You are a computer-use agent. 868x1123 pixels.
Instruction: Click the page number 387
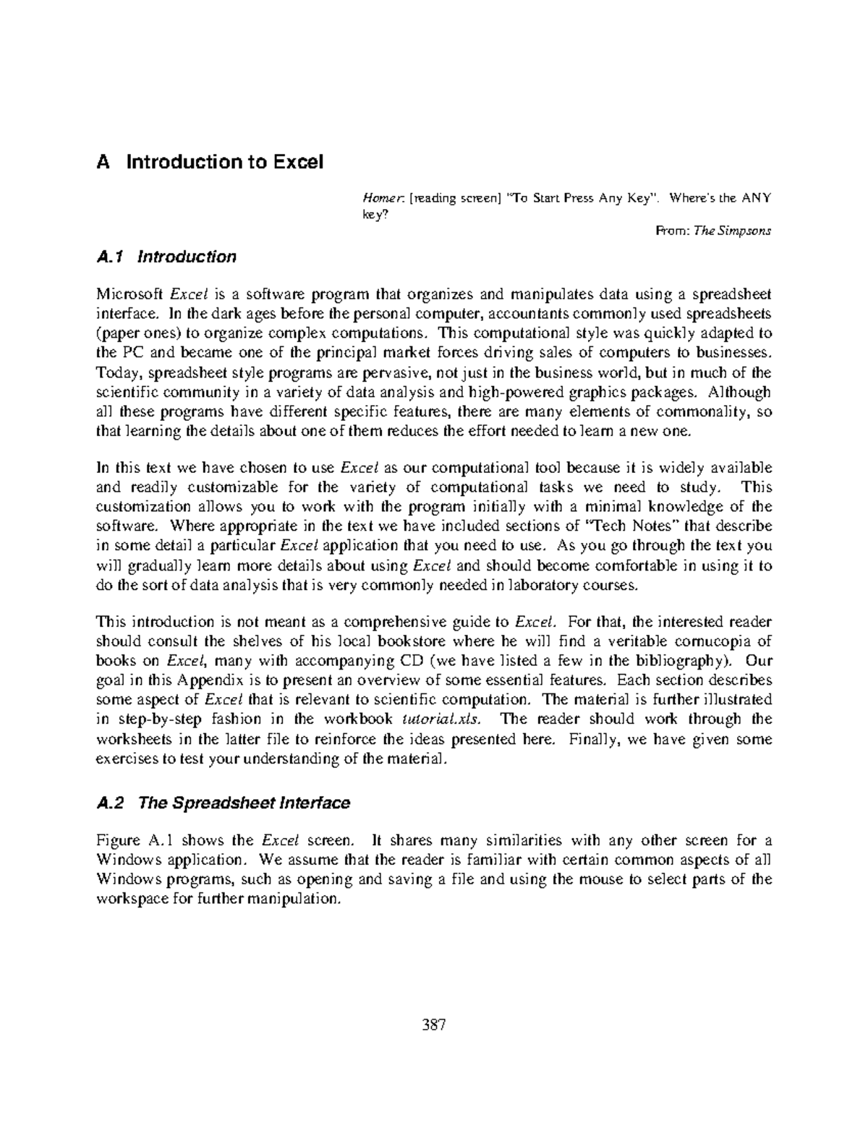pos(433,1025)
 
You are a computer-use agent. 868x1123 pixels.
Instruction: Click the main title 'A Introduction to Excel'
pos(210,161)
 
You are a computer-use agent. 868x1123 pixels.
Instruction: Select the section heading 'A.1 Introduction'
pos(166,257)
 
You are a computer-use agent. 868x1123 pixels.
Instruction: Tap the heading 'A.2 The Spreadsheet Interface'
pos(224,803)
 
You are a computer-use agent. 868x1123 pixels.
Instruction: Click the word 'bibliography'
pos(681,660)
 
